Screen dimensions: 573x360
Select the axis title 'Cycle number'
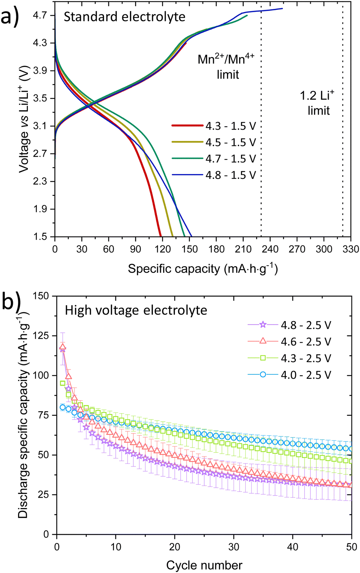tap(204, 565)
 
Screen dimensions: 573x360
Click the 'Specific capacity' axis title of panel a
tap(203, 269)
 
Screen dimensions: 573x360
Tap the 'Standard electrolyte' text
tap(125, 17)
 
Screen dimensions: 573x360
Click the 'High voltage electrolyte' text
tap(136, 310)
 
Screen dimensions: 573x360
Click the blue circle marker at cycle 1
tap(63, 407)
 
